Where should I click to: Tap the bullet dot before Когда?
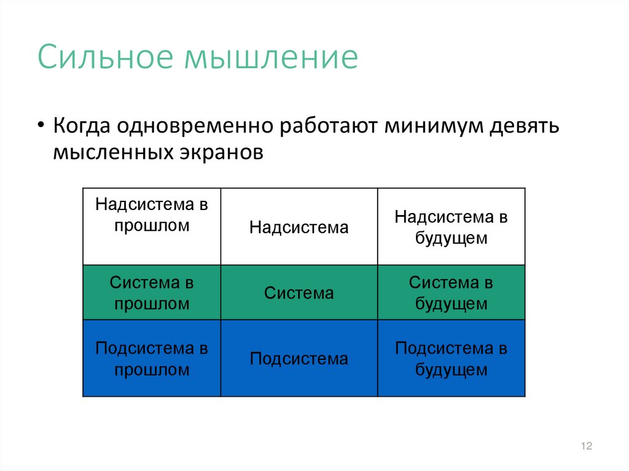click(x=41, y=125)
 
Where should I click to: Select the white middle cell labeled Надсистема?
click(x=299, y=228)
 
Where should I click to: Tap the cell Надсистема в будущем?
click(x=451, y=227)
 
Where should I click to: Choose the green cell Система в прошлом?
click(x=152, y=293)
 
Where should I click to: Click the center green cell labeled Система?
click(x=299, y=293)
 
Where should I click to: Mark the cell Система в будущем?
click(x=451, y=293)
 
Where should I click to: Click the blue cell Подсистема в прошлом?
click(x=152, y=359)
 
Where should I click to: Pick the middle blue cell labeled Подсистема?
click(x=299, y=359)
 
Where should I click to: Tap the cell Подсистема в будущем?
click(x=451, y=359)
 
